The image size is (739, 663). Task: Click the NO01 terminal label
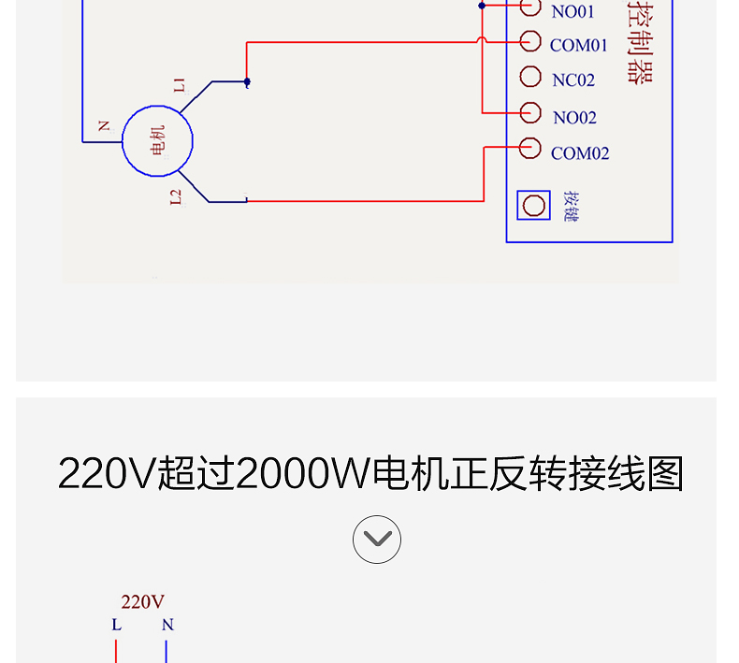(572, 12)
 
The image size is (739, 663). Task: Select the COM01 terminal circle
(530, 41)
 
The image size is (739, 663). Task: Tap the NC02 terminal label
(573, 80)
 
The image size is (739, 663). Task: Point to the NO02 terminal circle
(530, 112)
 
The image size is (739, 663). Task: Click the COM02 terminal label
(580, 153)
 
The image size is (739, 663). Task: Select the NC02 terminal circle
(530, 77)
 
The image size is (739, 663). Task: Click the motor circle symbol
(157, 140)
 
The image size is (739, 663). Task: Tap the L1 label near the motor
(179, 86)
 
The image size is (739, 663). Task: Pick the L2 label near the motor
(176, 196)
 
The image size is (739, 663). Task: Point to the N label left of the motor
(103, 125)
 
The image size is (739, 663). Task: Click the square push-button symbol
(535, 205)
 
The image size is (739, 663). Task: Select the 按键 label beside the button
(572, 206)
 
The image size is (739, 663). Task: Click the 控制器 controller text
(640, 42)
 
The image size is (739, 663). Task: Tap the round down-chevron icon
(377, 540)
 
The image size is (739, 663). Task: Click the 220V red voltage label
(142, 602)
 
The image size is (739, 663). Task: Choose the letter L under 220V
(116, 625)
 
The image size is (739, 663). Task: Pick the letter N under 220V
(167, 625)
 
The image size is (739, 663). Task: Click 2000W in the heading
(303, 474)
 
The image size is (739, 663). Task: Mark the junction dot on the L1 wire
(247, 82)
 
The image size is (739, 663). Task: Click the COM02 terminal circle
(530, 148)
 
